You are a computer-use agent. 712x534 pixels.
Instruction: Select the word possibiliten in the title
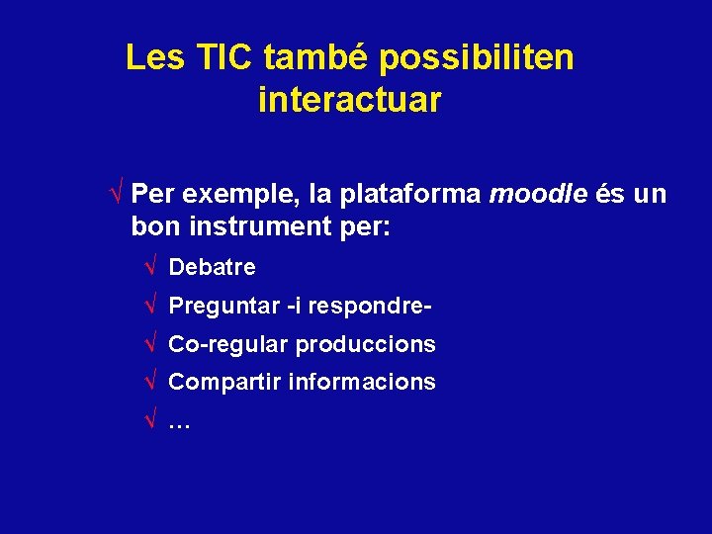point(476,58)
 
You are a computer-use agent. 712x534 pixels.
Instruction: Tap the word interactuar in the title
point(349,100)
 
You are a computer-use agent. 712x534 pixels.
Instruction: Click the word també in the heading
point(316,58)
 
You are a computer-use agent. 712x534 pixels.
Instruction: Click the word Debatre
point(212,267)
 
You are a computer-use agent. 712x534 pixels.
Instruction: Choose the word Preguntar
point(224,307)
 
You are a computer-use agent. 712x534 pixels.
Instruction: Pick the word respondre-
point(370,307)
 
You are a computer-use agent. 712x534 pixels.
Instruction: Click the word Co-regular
point(228,344)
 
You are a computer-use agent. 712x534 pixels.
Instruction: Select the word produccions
point(365,344)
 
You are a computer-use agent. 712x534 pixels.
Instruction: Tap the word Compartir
point(224,382)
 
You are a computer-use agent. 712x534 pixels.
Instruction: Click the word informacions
point(361,382)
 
